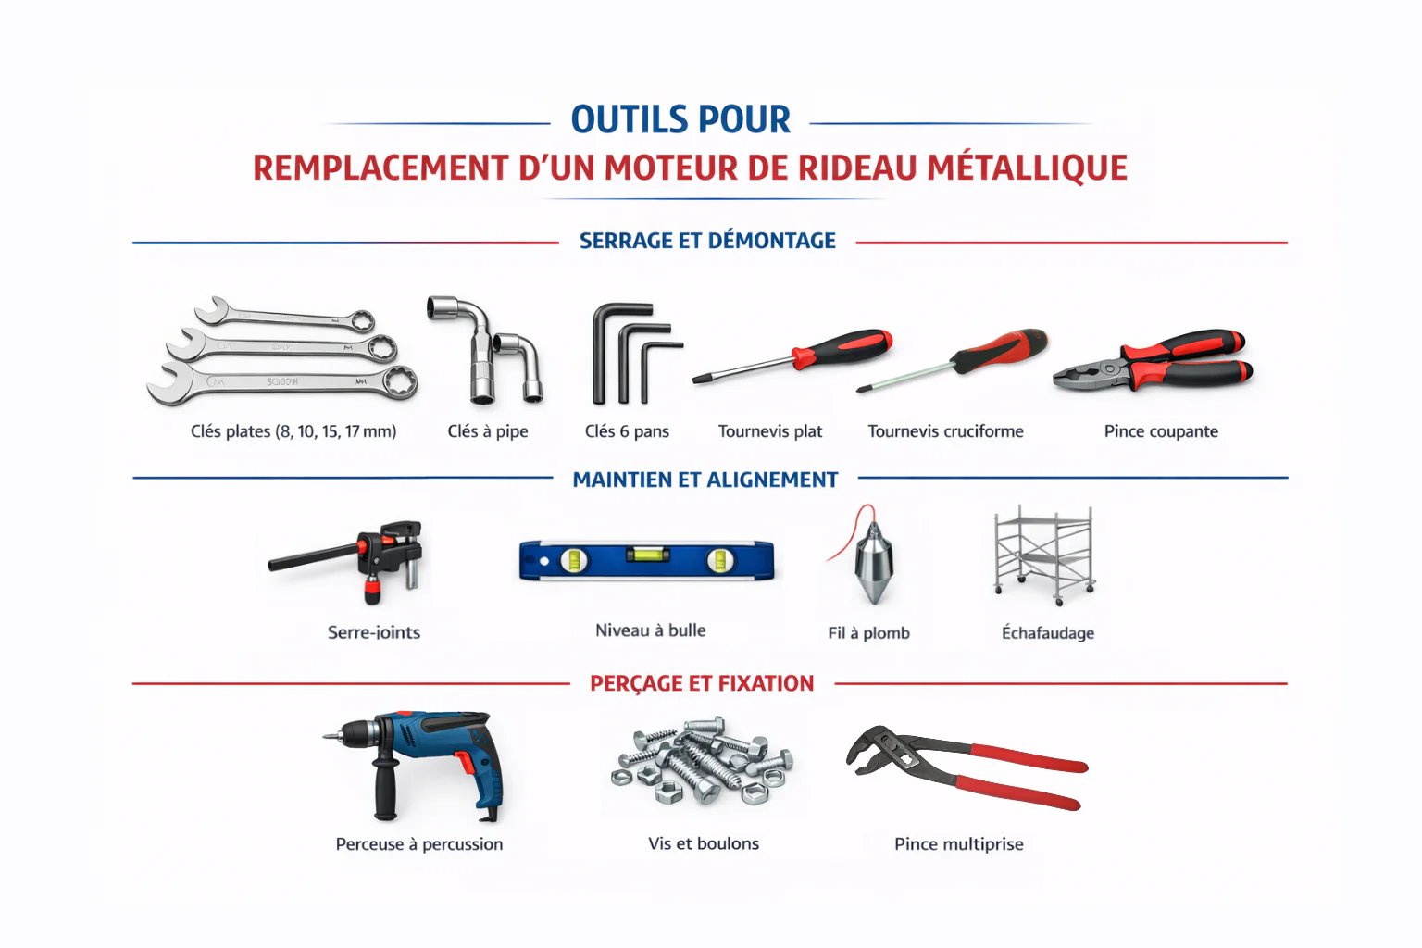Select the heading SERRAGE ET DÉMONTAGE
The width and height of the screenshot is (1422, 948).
pos(707,242)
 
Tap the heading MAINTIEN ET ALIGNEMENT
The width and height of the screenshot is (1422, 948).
pos(705,480)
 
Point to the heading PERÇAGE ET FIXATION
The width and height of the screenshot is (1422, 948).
pos(702,684)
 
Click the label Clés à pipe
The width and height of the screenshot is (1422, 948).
pos(488,431)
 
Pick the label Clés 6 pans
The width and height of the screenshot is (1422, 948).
pos(627,431)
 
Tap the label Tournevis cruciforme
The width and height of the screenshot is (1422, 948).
pos(945,431)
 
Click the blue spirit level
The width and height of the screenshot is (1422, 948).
pos(646,560)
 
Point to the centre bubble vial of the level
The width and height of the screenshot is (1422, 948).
pos(646,555)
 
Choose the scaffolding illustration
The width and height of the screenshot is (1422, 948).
pos(1044,553)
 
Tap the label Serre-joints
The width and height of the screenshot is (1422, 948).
pos(374,633)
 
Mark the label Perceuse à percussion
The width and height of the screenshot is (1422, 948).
pos(419,844)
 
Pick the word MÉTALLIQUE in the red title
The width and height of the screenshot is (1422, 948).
pos(1028,168)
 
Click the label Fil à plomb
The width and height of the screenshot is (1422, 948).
pos(868,633)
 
